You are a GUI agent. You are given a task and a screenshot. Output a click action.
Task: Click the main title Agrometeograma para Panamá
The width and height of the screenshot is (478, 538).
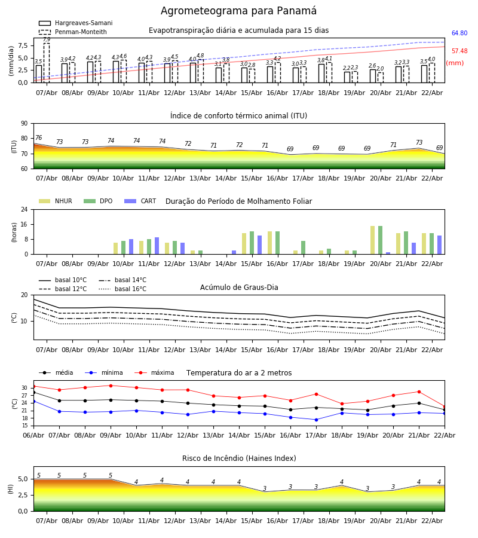pos(238,11)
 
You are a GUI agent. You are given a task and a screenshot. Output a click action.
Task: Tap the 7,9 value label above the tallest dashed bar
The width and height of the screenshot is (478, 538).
pos(47,39)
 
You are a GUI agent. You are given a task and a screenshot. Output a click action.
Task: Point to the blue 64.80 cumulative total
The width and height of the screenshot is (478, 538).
pos(459,33)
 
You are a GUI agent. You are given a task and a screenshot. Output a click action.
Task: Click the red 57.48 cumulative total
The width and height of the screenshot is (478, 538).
pos(459,51)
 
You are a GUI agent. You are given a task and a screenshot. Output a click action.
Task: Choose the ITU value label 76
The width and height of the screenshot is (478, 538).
pos(38,138)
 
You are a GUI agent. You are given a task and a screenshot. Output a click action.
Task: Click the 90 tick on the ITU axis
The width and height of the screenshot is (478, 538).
pos(24,124)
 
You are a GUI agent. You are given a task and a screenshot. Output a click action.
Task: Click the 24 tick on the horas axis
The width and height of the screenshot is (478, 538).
pos(24,210)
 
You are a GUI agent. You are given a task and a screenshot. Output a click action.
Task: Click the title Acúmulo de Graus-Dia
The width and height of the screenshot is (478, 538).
pos(239,288)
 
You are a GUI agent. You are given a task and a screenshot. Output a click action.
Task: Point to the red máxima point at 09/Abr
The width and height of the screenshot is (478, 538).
pos(111,386)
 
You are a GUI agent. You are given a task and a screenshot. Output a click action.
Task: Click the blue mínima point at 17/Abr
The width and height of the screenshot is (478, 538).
pos(316,420)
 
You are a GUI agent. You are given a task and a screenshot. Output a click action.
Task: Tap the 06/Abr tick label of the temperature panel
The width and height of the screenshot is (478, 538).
pos(33,435)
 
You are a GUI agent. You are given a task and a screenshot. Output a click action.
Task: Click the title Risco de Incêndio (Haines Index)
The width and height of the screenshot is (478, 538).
pos(239,458)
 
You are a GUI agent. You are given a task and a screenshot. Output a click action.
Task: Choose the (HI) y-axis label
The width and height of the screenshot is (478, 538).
pos(10,489)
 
